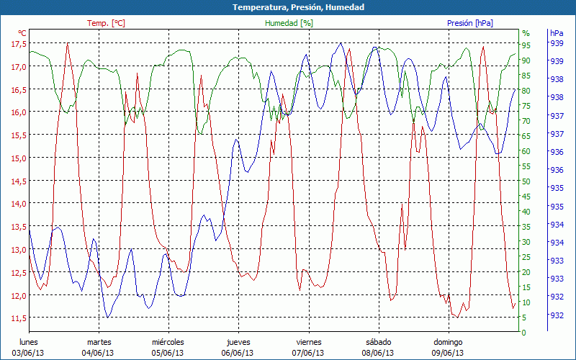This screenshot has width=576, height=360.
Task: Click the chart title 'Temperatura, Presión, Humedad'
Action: (288, 7)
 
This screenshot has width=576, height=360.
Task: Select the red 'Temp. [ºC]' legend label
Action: (106, 23)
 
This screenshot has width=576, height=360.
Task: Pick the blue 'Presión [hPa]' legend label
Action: (470, 23)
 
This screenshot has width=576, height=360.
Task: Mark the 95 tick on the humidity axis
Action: (526, 45)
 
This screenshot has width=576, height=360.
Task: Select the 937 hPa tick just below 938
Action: (556, 115)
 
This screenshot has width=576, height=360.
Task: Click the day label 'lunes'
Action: (29, 342)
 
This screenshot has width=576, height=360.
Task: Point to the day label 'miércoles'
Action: (168, 342)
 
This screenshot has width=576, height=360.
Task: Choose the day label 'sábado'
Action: (378, 342)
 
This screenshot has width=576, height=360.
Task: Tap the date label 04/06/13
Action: (99, 353)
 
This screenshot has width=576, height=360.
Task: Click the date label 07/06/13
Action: (309, 353)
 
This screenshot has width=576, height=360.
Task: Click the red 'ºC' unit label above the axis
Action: (22, 33)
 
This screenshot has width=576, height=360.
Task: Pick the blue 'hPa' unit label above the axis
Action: (556, 33)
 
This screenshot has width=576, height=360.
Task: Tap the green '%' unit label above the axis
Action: (526, 33)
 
